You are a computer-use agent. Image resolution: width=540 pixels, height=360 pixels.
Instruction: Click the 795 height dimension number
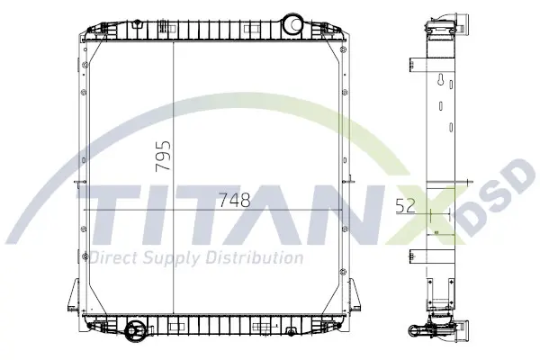[163, 156]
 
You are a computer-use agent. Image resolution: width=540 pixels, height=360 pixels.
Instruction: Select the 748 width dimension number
[235, 200]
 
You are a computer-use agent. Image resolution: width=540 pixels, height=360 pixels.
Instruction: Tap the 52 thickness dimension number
[405, 206]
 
